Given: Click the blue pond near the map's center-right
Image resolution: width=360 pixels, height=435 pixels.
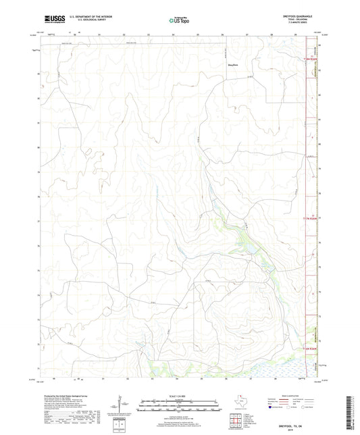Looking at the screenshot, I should click(246, 247).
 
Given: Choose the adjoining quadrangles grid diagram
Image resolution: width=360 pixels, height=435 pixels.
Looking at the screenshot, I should click(237, 419).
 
